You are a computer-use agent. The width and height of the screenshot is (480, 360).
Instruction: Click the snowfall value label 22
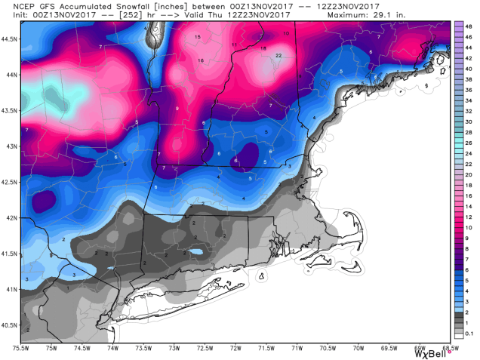(x=278, y=55)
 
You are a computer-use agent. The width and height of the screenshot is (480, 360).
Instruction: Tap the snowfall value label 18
(x=263, y=48)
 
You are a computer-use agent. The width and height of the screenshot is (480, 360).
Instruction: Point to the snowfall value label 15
(x=197, y=37)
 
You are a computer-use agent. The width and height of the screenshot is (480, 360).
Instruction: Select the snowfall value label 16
(x=201, y=60)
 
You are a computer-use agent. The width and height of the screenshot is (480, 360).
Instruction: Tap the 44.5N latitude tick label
(x=10, y=38)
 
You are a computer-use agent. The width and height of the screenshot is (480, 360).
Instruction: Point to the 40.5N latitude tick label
(x=10, y=325)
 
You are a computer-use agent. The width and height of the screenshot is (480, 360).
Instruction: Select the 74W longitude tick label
(x=112, y=348)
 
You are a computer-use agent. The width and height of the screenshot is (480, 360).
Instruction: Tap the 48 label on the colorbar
(x=469, y=24)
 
